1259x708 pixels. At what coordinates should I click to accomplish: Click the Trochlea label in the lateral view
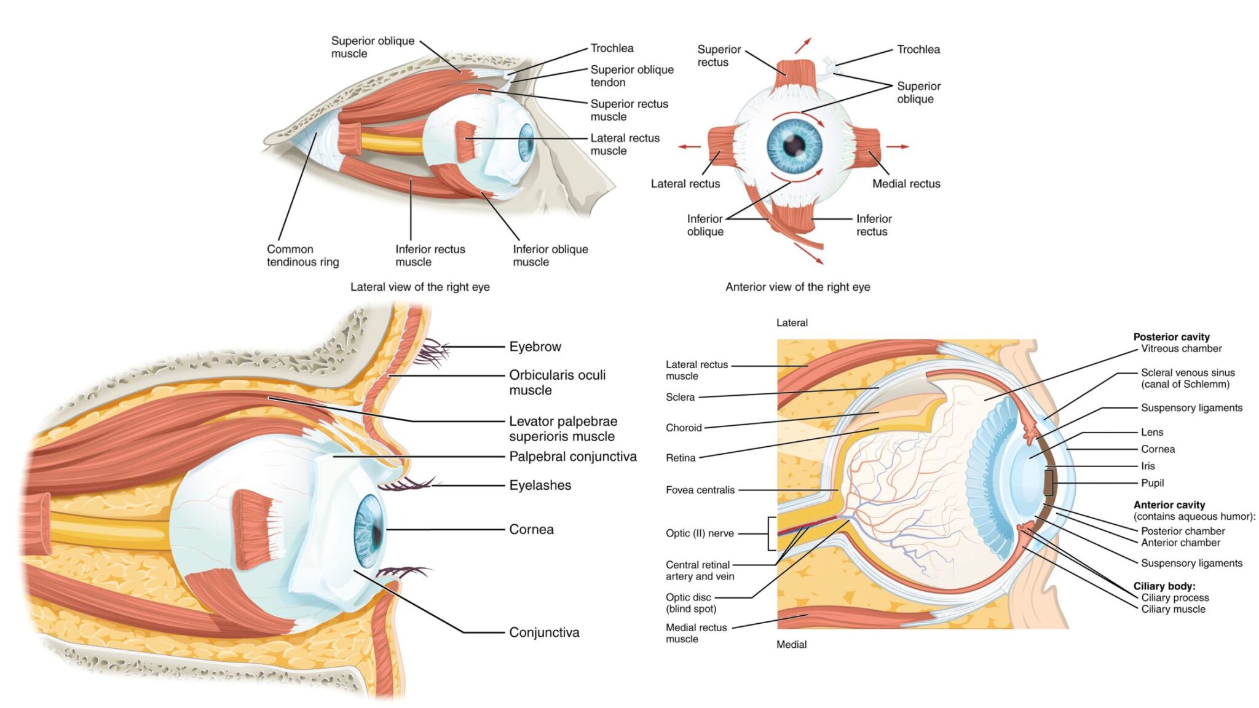click(x=612, y=48)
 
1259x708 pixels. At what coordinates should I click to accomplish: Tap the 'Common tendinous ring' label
click(x=302, y=255)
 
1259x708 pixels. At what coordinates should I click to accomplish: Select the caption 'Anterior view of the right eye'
click(x=797, y=286)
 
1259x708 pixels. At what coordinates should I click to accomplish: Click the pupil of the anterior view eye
click(x=794, y=145)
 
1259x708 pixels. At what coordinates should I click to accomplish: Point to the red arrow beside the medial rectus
click(x=897, y=146)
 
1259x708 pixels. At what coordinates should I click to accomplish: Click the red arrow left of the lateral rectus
click(x=689, y=146)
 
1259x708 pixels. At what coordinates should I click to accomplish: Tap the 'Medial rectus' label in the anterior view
click(x=906, y=183)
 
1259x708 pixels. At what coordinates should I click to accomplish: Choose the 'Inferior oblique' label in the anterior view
click(x=704, y=225)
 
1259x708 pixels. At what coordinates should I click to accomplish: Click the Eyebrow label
click(x=535, y=347)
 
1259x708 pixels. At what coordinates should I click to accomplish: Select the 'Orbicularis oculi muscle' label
click(x=557, y=382)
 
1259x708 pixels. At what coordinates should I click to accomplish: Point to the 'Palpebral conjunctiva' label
click(x=572, y=457)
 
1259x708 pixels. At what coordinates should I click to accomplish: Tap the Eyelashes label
click(x=540, y=486)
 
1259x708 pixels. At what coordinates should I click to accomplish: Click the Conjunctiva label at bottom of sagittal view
click(x=544, y=632)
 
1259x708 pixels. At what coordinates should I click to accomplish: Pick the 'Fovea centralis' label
click(x=700, y=490)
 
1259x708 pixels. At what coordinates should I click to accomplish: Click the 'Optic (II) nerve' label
click(x=700, y=533)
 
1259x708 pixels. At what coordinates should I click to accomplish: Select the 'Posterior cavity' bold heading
click(x=1171, y=337)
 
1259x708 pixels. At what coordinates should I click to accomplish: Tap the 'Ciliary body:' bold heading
click(x=1164, y=586)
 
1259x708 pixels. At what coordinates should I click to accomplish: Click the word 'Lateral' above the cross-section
click(x=792, y=323)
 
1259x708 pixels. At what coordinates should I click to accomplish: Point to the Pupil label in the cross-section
click(x=1152, y=483)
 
